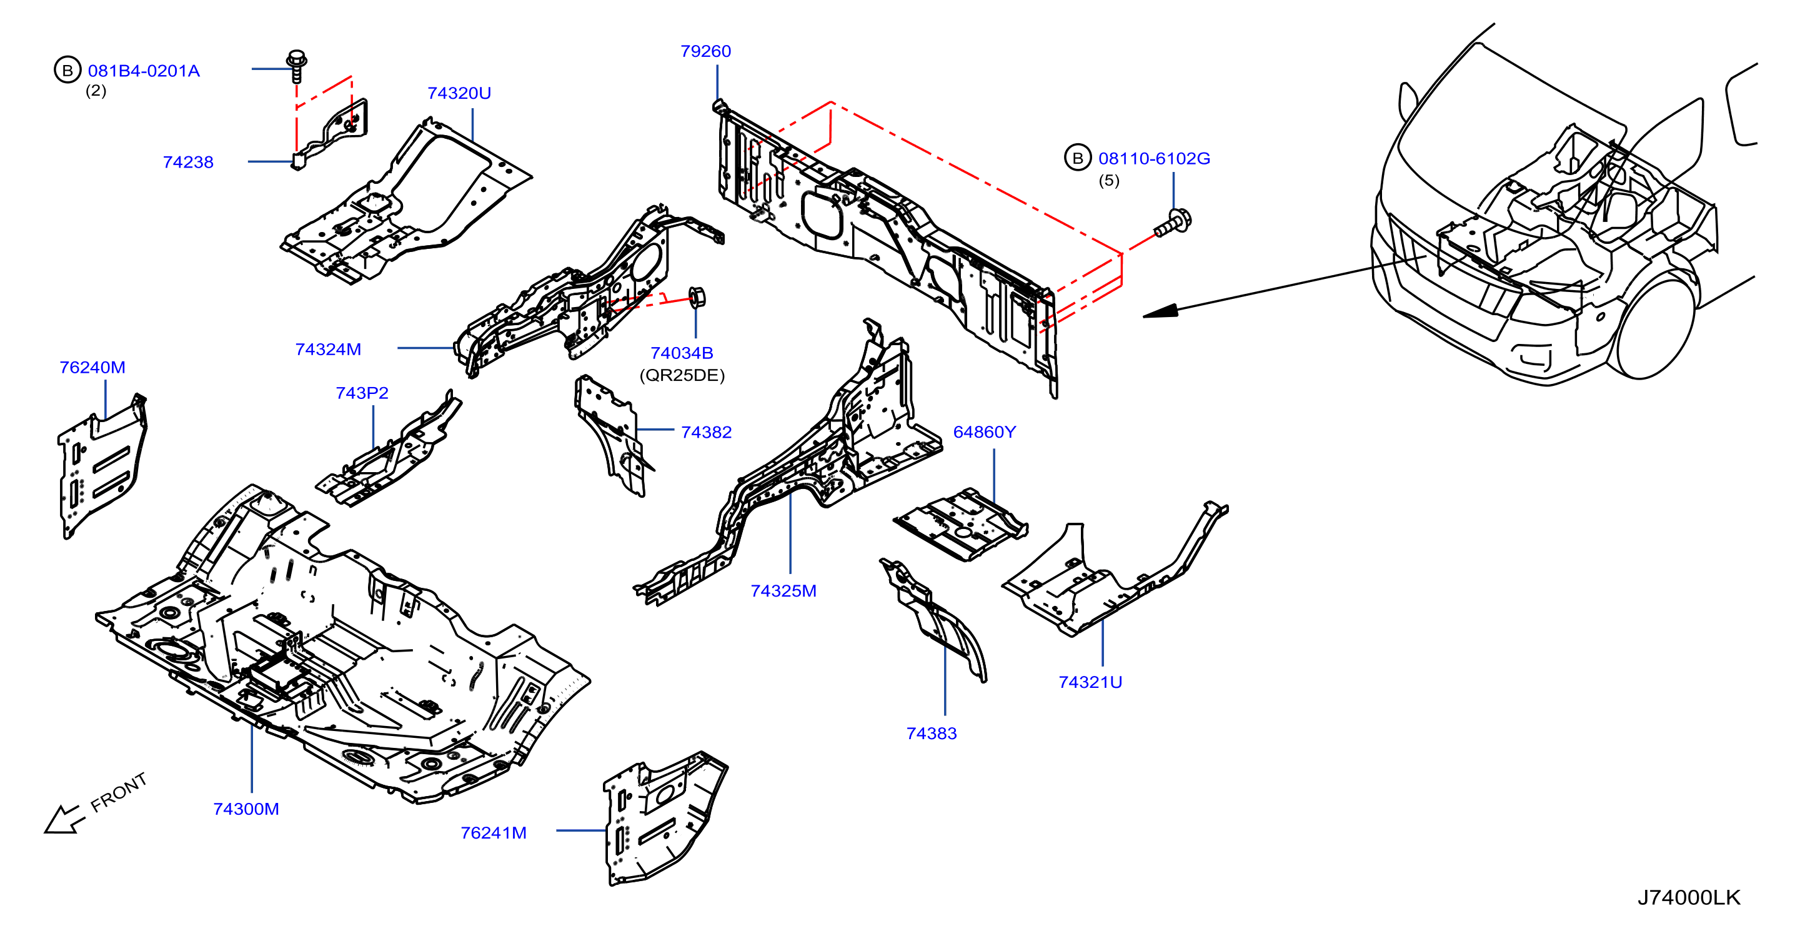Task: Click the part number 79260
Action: tap(705, 51)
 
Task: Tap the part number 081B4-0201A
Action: tap(144, 71)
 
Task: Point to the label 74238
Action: tap(188, 163)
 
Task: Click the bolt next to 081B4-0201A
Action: tap(297, 66)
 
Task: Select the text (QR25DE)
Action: tap(682, 375)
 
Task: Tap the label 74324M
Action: tap(328, 350)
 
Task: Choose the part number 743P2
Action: tap(362, 393)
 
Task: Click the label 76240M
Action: tap(92, 368)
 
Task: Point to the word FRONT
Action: tap(119, 792)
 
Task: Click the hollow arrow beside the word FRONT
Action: tap(63, 820)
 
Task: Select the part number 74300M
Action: tap(246, 809)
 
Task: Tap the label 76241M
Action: tap(493, 833)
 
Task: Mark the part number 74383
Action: tap(932, 734)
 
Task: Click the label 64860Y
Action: tap(985, 432)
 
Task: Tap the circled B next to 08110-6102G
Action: tap(1077, 158)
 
